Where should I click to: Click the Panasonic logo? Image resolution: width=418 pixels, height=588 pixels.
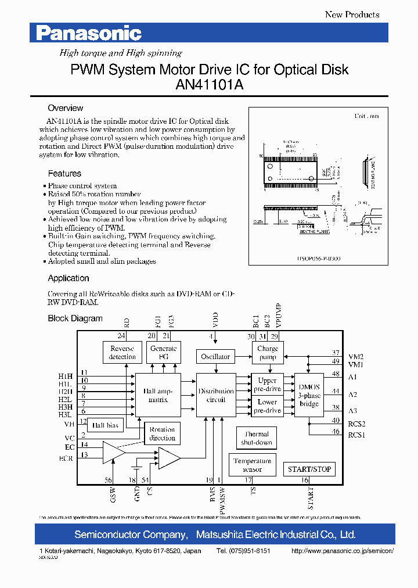89,34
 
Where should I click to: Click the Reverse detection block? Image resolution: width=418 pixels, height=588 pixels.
122,353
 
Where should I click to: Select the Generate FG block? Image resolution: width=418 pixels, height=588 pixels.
163,353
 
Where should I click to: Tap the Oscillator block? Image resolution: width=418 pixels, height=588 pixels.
215,356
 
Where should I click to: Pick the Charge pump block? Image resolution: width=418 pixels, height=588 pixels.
268,353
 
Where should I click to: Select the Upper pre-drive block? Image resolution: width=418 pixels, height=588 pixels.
267,385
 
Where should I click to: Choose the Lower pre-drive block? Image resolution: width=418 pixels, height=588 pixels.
267,406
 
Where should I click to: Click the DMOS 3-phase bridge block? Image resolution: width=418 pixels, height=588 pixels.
309,396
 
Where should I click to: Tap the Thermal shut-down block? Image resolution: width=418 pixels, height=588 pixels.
256,438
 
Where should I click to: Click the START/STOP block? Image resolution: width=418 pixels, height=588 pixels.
309,469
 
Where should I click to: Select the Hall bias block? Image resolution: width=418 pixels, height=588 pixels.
105,425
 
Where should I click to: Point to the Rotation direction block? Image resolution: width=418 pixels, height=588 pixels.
162,433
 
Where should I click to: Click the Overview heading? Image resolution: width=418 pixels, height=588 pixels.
65,108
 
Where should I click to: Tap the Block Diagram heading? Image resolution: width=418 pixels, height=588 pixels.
75,318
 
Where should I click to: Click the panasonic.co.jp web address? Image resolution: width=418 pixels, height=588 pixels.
343,550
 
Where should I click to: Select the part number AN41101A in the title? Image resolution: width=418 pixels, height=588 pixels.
209,85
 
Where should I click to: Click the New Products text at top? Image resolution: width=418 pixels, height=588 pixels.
352,15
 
